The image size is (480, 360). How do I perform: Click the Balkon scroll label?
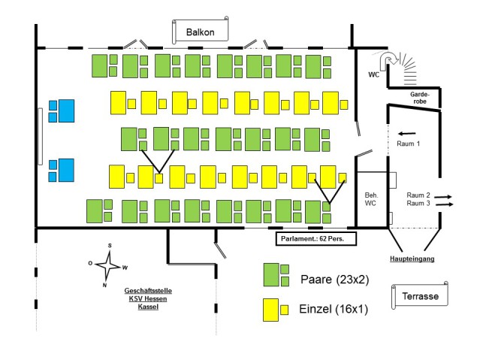point(201,32)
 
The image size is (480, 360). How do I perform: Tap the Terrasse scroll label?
point(420,296)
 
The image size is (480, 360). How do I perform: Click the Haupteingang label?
point(412,259)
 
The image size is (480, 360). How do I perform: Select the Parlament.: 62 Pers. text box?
point(315,238)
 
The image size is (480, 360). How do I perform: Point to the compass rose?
point(109,265)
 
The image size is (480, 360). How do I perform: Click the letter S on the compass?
point(109,246)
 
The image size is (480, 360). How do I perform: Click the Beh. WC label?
point(371,198)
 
